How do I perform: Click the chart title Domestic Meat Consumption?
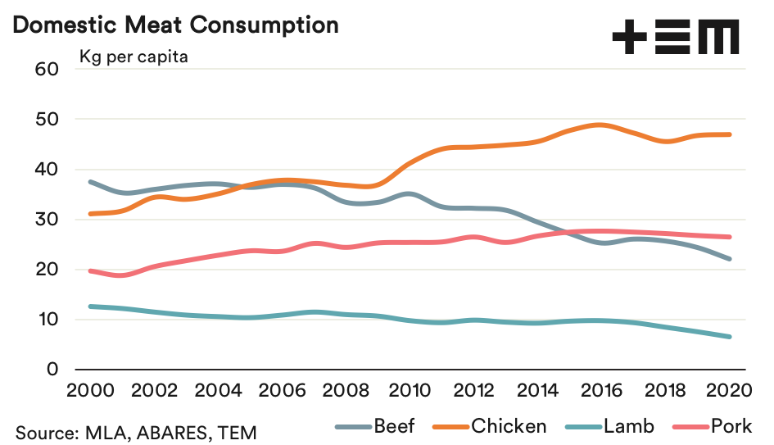pyautogui.click(x=176, y=25)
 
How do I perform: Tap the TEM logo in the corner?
pyautogui.click(x=676, y=37)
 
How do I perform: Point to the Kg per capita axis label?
pyautogui.click(x=134, y=57)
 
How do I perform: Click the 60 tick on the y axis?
pyautogui.click(x=48, y=69)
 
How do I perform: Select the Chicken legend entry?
pyautogui.click(x=492, y=426)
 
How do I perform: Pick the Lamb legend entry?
pyautogui.click(x=610, y=426)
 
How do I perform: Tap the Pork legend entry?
pyautogui.click(x=712, y=426)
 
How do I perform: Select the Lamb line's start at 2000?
pyautogui.click(x=90, y=307)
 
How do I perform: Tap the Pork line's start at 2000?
pyautogui.click(x=90, y=270)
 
